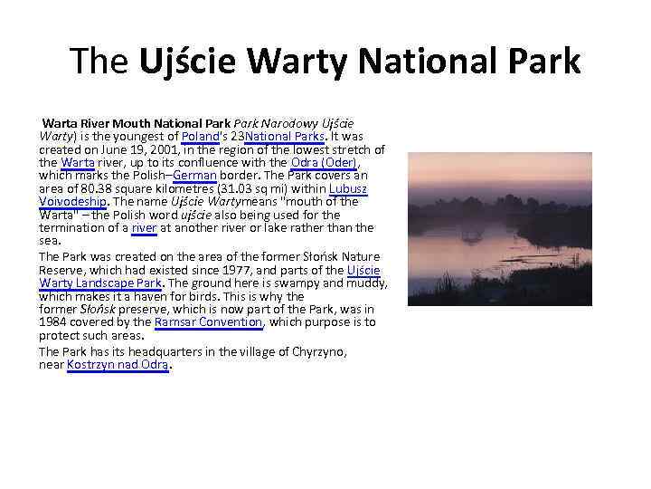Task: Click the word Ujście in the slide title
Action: point(190,61)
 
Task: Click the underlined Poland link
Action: point(201,136)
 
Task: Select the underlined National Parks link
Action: point(279,136)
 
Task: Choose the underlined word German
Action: point(194,176)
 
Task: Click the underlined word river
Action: point(144,228)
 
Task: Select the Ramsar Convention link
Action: point(208,322)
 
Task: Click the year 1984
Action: point(52,322)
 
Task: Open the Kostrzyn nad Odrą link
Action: point(118,365)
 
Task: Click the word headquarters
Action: point(159,351)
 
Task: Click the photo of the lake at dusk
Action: point(499,228)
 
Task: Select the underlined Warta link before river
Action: point(78,162)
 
